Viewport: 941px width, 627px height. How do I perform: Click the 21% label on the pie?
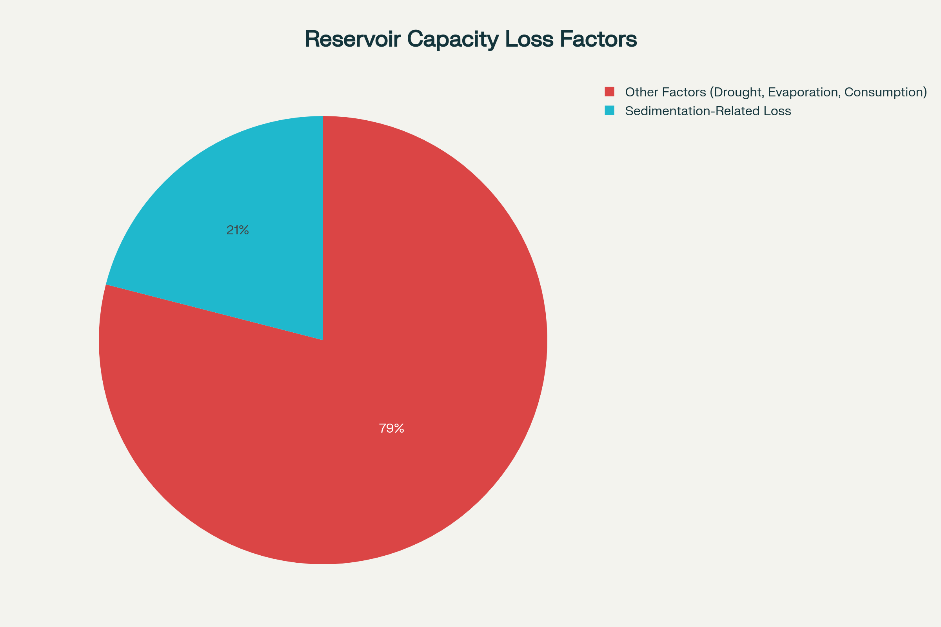[238, 230]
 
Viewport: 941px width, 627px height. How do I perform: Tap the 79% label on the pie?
[391, 429]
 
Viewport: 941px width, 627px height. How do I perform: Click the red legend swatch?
[609, 92]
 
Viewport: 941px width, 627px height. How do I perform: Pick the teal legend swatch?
[609, 111]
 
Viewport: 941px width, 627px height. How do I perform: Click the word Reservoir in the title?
[352, 39]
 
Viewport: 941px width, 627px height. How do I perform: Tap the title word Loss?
[530, 39]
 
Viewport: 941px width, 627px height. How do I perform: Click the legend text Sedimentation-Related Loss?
[708, 111]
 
